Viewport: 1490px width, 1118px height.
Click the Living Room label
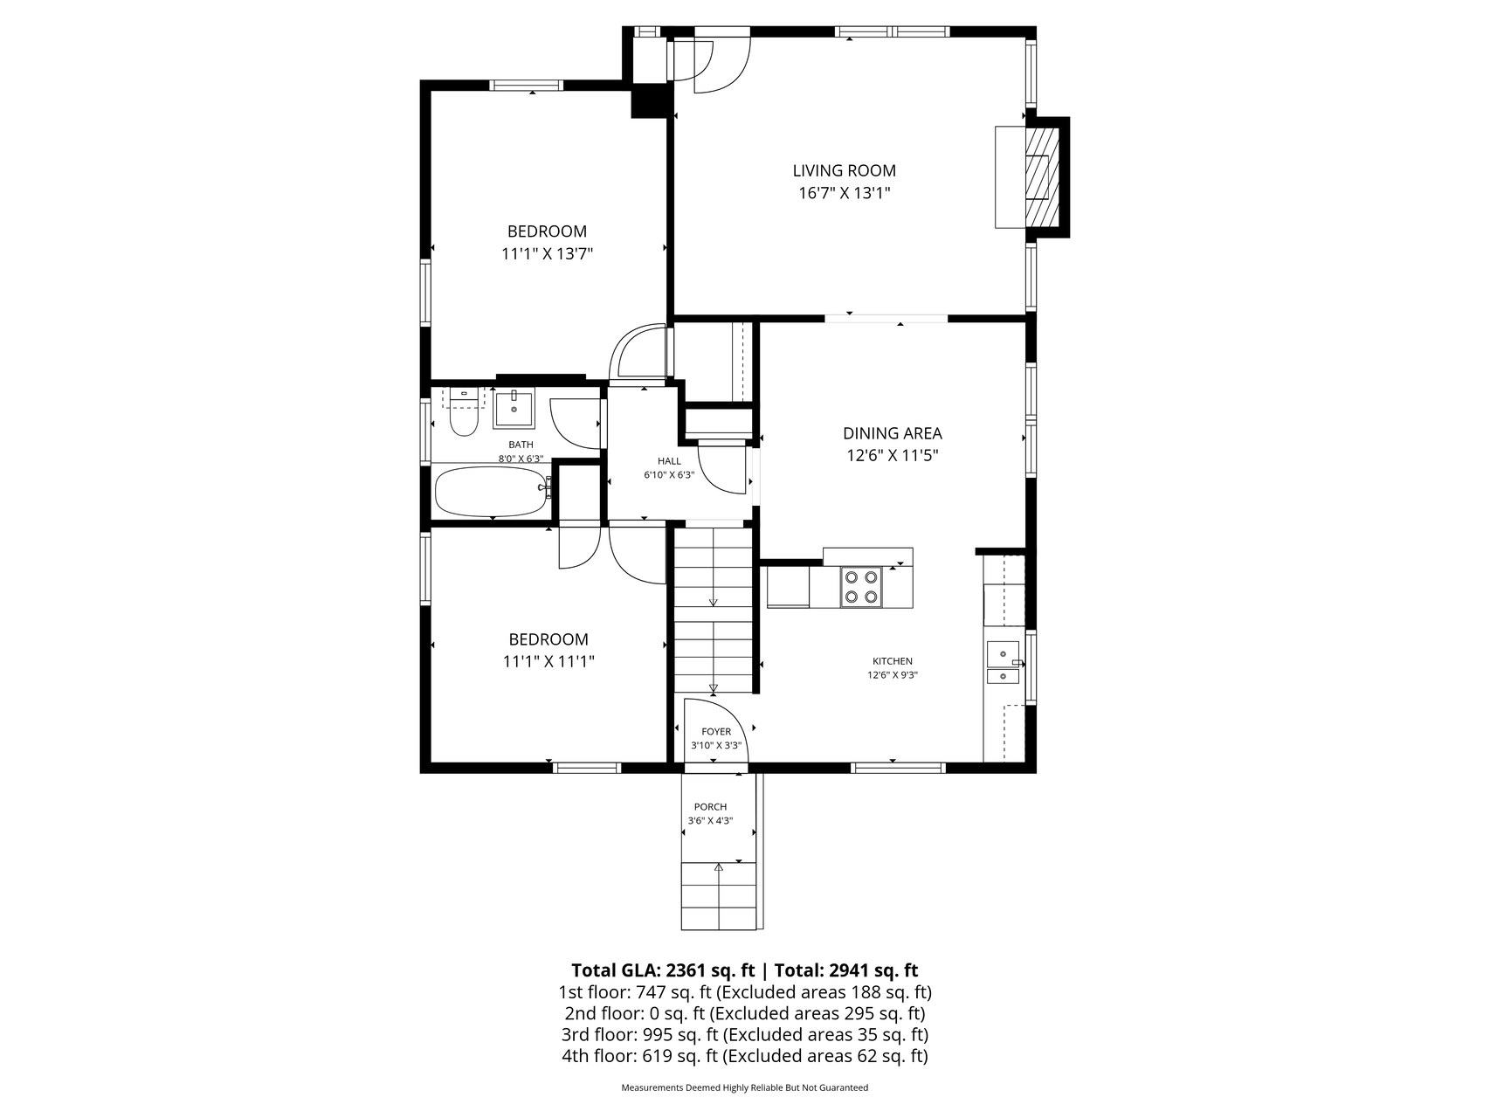(844, 171)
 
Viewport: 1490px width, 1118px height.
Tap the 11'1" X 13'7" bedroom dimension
(547, 254)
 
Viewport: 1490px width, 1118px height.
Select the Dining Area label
(892, 433)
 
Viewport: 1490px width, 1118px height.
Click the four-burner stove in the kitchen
(860, 587)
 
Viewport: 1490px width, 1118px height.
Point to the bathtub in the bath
(492, 492)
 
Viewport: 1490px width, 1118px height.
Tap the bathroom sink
(514, 408)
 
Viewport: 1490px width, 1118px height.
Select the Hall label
(669, 461)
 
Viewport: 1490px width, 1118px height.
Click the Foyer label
(716, 732)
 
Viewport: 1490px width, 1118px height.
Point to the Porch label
(710, 807)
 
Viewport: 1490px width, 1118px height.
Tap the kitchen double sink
(1003, 662)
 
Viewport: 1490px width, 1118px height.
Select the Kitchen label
(893, 661)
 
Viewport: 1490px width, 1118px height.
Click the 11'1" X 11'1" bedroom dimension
(548, 662)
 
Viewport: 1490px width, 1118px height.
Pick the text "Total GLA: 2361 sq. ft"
(663, 970)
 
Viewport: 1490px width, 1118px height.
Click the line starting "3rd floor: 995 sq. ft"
(744, 1035)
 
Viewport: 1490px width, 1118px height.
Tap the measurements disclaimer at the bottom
(744, 1088)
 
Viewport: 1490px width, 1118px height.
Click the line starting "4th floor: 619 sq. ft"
(744, 1057)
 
